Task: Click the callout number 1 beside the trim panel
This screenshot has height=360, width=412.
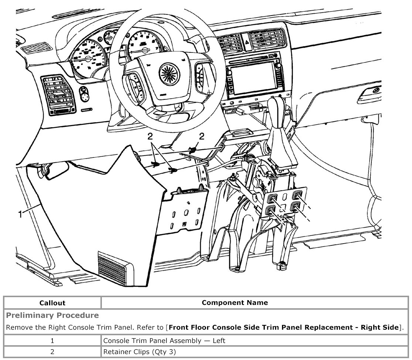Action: (21, 214)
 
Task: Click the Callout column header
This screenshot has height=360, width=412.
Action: (52, 303)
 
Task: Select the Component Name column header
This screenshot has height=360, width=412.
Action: (235, 303)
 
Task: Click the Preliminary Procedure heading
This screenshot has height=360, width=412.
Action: (53, 315)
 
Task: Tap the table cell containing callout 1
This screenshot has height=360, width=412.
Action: (52, 340)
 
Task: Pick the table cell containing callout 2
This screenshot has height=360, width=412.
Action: (52, 352)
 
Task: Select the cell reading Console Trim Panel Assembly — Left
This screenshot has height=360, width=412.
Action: (164, 340)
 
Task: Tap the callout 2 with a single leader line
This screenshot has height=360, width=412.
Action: (202, 136)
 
